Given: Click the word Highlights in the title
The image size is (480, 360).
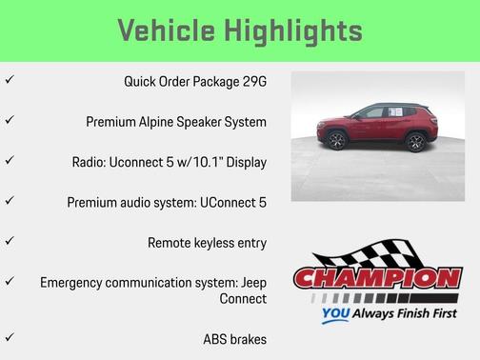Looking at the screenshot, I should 293,30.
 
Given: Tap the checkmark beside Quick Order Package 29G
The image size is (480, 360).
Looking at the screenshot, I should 10,81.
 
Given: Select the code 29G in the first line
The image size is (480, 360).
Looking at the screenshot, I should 252,81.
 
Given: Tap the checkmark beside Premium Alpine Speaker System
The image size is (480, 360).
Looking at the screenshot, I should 10,121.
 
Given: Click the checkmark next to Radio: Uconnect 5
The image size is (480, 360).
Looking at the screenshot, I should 10,161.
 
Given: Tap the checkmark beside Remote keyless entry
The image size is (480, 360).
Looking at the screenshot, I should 10,242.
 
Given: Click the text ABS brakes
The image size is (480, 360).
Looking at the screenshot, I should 234,339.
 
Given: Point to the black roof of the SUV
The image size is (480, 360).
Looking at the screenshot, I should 381,106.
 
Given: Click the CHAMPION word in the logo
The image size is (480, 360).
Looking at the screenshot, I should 377,279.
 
